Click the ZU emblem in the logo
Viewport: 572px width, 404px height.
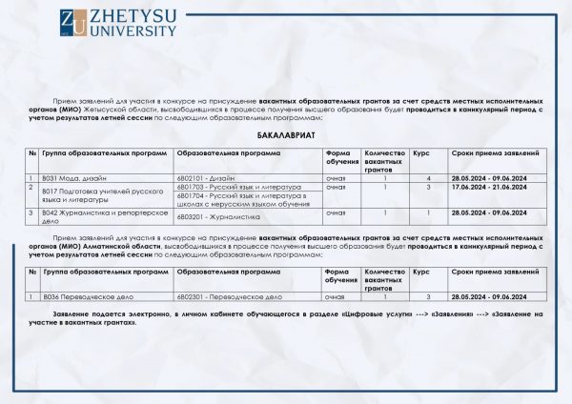71,24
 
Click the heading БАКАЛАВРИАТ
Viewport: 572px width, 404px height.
285,138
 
